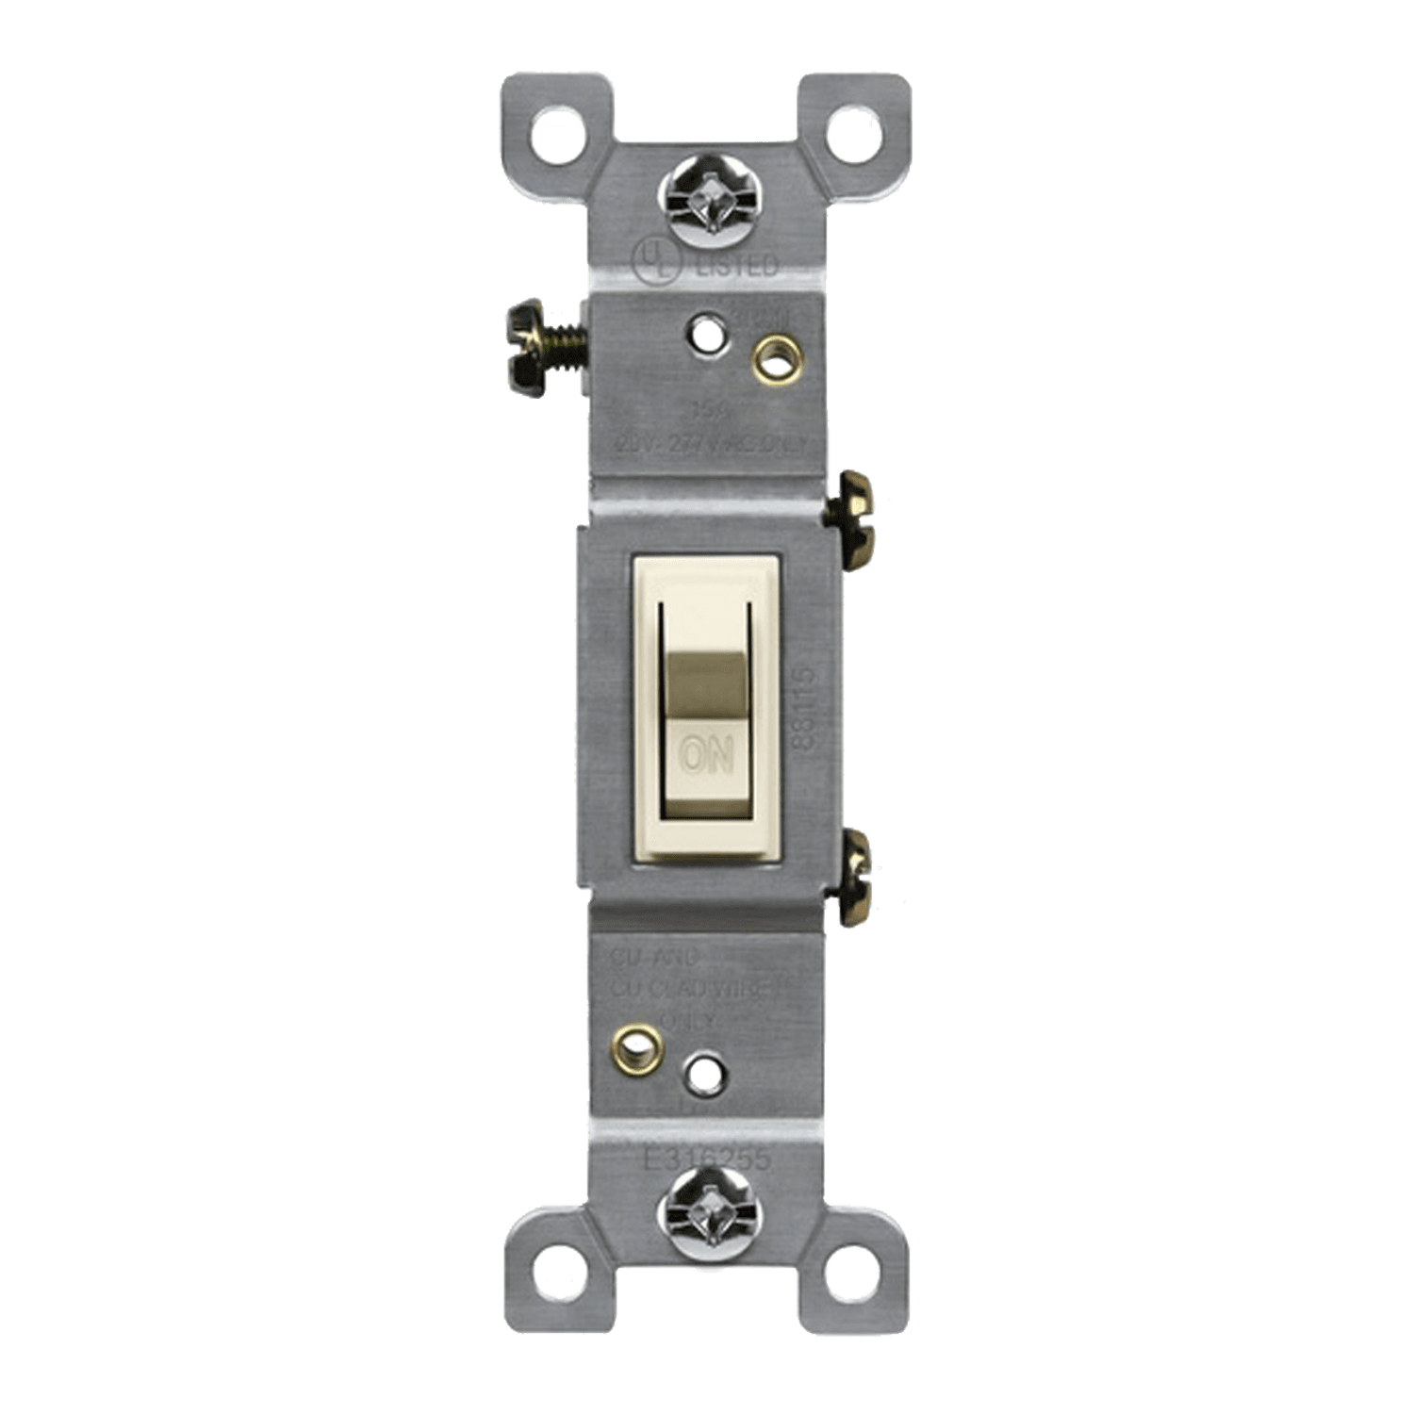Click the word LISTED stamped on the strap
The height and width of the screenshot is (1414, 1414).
coord(735,267)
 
